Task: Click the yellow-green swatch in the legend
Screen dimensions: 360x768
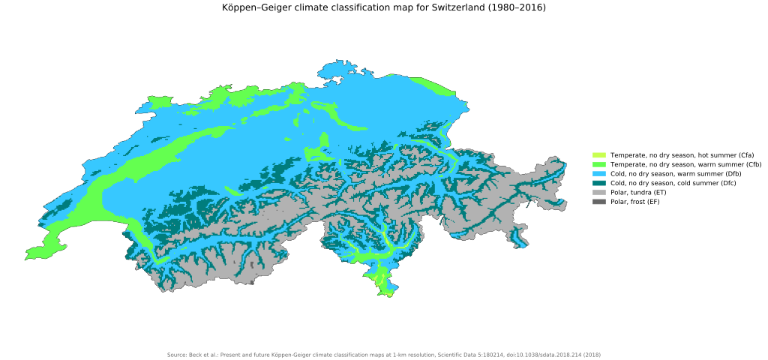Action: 598,155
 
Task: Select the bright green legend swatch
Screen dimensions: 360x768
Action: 598,164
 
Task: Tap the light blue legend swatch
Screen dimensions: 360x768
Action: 598,174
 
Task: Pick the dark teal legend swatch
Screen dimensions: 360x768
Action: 598,183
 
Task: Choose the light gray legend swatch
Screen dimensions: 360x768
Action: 598,193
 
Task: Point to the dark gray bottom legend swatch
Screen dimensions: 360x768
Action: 598,202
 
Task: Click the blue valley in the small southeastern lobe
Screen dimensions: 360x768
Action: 517,238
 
